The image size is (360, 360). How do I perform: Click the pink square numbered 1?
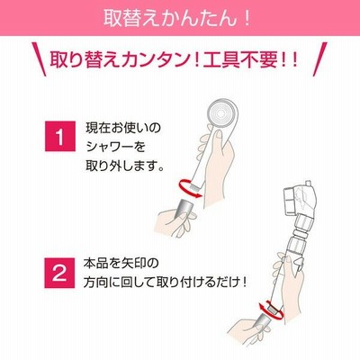tap(60, 136)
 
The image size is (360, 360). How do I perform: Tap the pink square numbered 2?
tap(59, 273)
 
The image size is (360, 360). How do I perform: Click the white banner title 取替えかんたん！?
tap(177, 18)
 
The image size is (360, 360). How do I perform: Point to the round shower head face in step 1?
tap(221, 114)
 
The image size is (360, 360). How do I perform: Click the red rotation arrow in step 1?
tap(190, 189)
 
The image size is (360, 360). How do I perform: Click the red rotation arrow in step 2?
tap(271, 311)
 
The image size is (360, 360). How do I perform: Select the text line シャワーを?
tap(115, 147)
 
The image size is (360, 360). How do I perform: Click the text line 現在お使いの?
tap(123, 128)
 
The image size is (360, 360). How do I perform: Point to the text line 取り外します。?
tap(125, 166)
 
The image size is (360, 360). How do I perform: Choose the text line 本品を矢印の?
tap(121, 264)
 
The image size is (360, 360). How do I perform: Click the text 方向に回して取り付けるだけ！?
tap(166, 283)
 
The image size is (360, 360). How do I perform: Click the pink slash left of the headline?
tap(40, 59)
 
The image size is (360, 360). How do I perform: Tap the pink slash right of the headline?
tap(319, 59)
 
